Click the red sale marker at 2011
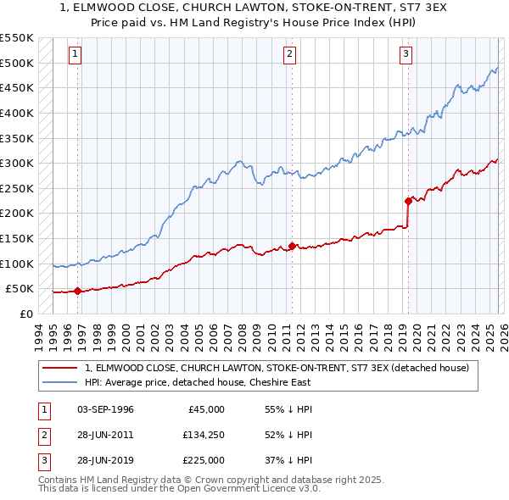[x=293, y=246]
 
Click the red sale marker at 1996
[x=77, y=291]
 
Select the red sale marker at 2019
[x=408, y=201]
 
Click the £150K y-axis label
[x=17, y=238]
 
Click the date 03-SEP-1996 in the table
[x=104, y=409]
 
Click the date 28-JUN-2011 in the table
[x=104, y=435]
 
